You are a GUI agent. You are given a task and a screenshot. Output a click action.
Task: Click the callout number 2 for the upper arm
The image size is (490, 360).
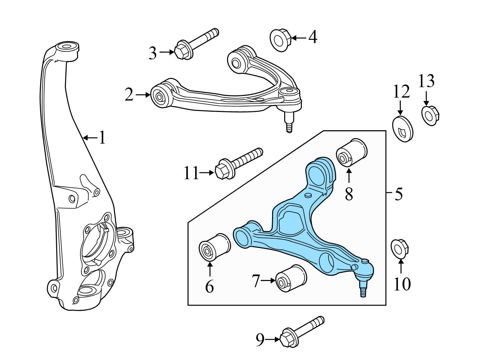coord(129,95)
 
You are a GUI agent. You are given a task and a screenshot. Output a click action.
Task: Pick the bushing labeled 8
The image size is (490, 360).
coord(351,152)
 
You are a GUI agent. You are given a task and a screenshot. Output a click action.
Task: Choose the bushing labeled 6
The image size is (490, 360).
coord(214,247)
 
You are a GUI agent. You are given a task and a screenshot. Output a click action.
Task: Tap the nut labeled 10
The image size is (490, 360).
coord(400,249)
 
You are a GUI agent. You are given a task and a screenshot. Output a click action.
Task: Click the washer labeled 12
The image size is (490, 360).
coord(403,128)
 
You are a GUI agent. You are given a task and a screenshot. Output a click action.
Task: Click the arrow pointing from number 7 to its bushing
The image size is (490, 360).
coord(268,280)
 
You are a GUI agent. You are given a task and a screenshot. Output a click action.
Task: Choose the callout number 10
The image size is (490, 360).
coord(402,284)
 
